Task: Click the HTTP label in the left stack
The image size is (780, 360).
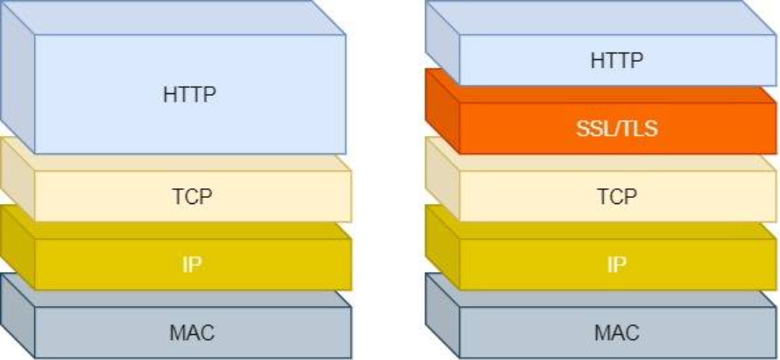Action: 189,94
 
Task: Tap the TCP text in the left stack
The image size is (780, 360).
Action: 192,196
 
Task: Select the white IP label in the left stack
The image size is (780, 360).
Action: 193,264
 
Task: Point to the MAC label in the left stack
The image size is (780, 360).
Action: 192,332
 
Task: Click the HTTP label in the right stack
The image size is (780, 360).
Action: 616,60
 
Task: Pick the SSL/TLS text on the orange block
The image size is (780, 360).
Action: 616,129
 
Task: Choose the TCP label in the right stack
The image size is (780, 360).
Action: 617,196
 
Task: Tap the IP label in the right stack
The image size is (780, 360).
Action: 617,264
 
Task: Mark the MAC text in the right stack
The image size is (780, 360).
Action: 617,332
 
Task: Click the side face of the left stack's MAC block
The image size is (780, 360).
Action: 17,314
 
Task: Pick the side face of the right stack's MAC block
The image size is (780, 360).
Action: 442,314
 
